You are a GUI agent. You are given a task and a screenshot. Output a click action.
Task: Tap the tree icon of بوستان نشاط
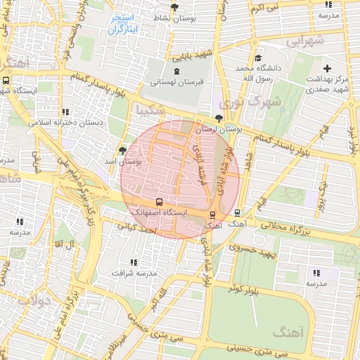(x=174, y=6)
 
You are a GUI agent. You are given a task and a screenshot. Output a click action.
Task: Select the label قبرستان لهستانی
(x=176, y=82)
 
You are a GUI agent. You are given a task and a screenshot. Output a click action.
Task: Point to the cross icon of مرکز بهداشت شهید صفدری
(x=327, y=68)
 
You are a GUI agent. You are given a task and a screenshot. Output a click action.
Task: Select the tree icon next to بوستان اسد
(x=123, y=150)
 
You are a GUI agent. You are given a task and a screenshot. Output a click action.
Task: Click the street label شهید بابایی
(x=193, y=54)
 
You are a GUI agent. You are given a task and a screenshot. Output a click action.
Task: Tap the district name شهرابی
(x=307, y=41)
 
